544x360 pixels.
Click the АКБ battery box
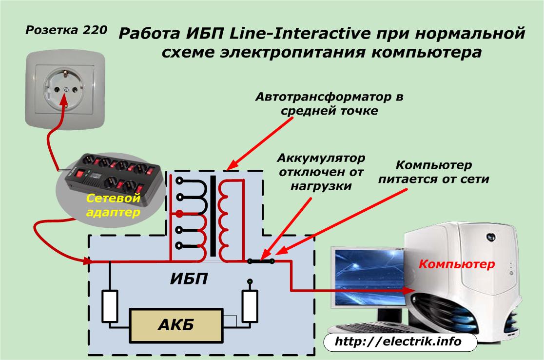[x=176, y=325]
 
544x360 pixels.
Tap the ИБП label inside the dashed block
[x=189, y=279]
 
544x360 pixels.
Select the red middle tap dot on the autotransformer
[x=179, y=214]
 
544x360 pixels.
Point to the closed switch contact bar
[x=261, y=261]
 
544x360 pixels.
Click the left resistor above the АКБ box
[x=110, y=306]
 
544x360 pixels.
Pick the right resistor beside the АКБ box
[x=250, y=306]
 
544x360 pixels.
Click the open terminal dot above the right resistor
[x=250, y=281]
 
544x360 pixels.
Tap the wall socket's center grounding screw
[x=66, y=89]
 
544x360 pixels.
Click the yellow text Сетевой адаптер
[x=113, y=205]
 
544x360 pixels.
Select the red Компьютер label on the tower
[x=457, y=264]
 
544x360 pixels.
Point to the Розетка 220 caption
[x=66, y=30]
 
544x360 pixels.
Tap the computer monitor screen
[x=369, y=276]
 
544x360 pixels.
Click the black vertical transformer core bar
[x=213, y=216]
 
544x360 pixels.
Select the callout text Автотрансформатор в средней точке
[x=329, y=103]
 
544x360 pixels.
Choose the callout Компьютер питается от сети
[x=434, y=172]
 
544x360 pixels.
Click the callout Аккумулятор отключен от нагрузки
[x=321, y=172]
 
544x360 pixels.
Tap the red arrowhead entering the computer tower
[x=409, y=290]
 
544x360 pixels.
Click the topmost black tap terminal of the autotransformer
[x=179, y=180]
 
